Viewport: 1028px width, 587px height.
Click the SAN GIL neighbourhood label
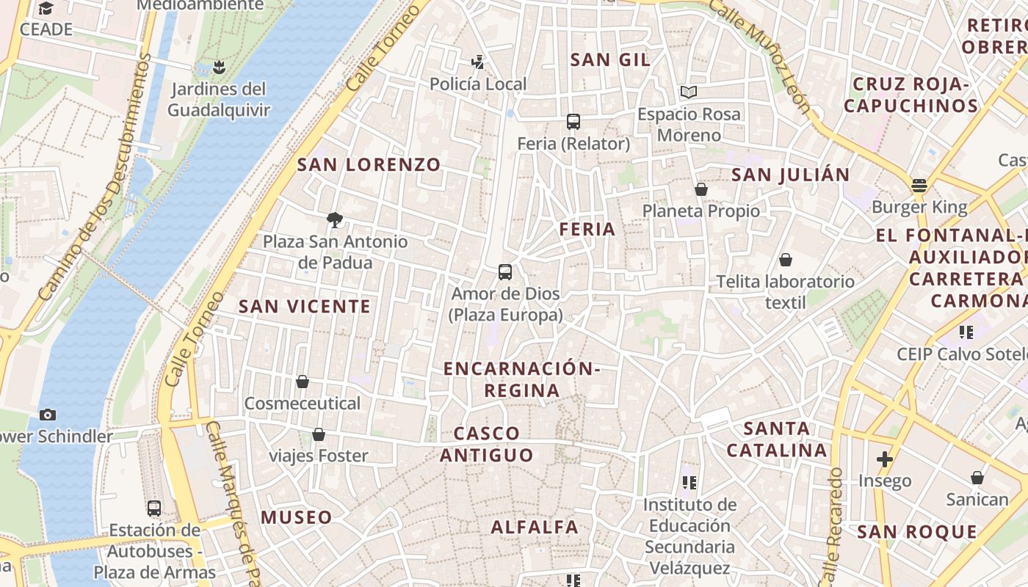[x=610, y=59]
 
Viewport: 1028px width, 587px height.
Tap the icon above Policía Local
[x=478, y=62]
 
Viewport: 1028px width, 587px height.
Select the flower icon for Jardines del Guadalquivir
[x=217, y=68]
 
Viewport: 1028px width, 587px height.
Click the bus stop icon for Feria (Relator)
[x=573, y=122]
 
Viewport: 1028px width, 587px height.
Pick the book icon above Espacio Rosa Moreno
[x=688, y=92]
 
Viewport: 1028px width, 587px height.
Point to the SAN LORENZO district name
[x=369, y=165]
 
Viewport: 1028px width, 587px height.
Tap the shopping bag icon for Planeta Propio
[x=701, y=189]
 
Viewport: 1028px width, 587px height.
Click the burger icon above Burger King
[x=919, y=185]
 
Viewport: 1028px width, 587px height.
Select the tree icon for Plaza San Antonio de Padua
[x=335, y=219]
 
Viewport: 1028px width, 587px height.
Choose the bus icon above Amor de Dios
[x=505, y=272]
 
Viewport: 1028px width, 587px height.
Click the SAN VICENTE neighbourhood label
[x=305, y=307]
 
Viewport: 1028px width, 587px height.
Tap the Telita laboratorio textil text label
[x=786, y=291]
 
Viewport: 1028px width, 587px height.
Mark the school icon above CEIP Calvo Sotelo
[x=966, y=332]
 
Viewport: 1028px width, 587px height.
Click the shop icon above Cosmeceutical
[x=302, y=382]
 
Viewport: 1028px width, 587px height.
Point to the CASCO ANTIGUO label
[x=487, y=444]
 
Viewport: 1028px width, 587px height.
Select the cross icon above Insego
[x=885, y=459]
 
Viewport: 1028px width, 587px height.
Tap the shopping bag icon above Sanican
[x=977, y=478]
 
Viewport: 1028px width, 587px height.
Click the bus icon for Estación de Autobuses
[x=154, y=508]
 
